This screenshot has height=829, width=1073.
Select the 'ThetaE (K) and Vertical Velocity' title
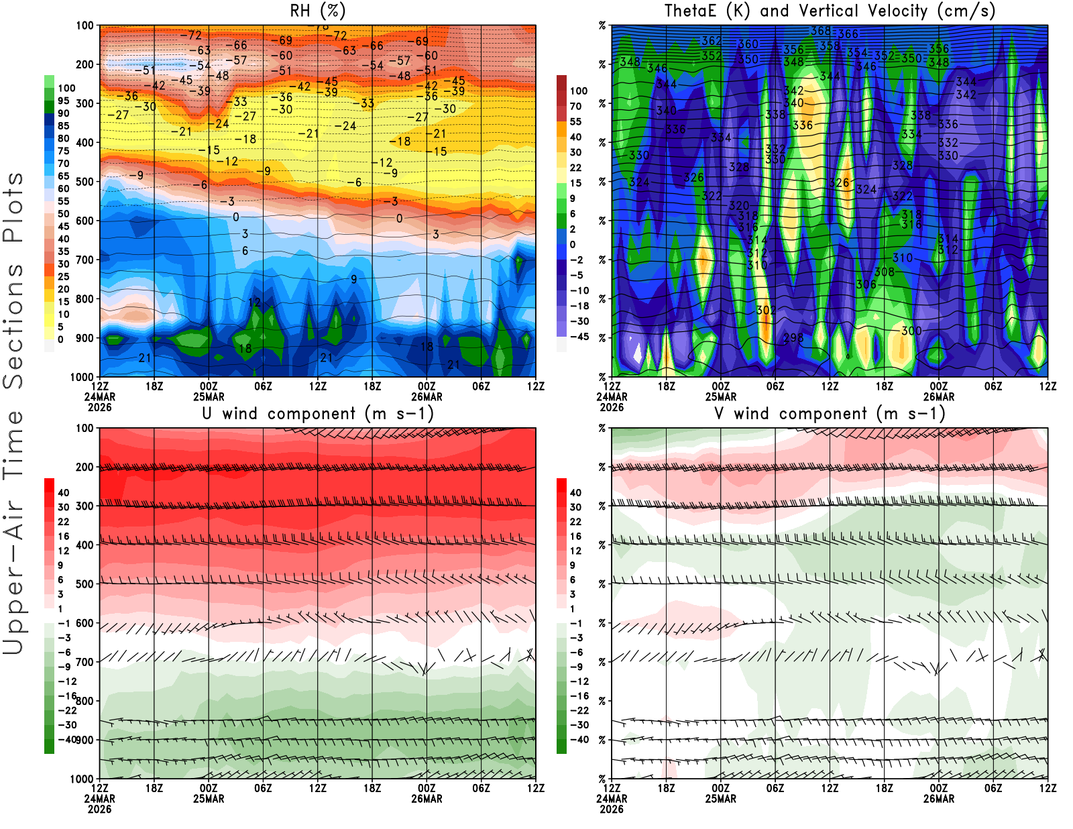(x=830, y=11)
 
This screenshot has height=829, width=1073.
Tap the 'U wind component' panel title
(x=318, y=413)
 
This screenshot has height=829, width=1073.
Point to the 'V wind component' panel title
(x=830, y=413)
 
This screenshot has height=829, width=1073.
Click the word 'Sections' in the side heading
(x=13, y=325)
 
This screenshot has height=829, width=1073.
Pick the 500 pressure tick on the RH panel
(x=85, y=181)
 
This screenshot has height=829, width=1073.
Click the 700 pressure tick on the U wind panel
(x=85, y=662)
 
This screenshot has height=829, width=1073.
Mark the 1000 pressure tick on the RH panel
(x=82, y=377)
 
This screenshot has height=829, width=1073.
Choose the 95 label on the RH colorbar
(x=63, y=101)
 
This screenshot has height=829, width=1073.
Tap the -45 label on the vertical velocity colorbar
(x=579, y=337)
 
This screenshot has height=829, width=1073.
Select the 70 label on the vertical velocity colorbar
(x=575, y=106)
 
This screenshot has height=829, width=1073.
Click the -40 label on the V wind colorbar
(x=579, y=740)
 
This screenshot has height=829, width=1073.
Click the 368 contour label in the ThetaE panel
(x=821, y=31)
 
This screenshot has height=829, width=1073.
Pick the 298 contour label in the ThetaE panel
(x=793, y=337)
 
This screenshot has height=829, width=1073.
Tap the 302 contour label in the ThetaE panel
(x=766, y=310)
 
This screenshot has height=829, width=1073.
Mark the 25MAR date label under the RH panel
(x=209, y=397)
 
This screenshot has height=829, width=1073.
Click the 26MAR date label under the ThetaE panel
(x=939, y=397)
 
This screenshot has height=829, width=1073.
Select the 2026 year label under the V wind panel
(x=612, y=809)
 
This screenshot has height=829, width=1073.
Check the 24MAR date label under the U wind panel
(x=99, y=799)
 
